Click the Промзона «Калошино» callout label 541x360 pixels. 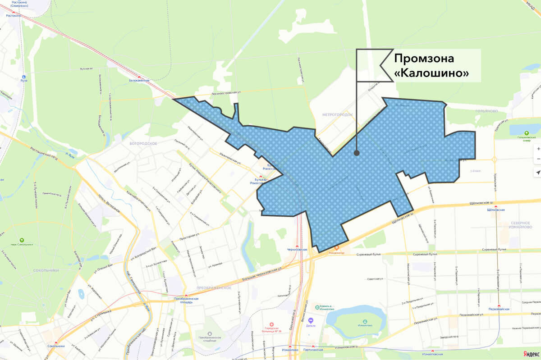coord(431,66)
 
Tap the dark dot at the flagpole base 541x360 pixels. coord(357,153)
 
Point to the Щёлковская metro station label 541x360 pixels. coord(496,210)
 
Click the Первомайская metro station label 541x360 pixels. coord(499,309)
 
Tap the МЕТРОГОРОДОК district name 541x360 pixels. coord(337,114)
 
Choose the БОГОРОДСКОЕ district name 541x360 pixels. coord(143,143)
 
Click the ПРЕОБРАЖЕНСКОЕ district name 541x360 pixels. coord(214,287)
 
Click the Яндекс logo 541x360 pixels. coord(531,355)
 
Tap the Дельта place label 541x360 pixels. coord(311,325)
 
